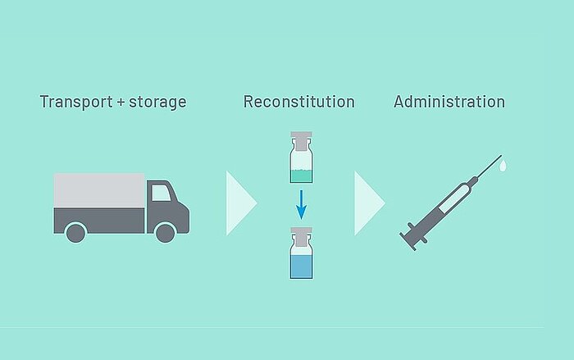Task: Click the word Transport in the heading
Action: tap(76, 103)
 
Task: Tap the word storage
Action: tap(157, 103)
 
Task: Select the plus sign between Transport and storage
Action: tap(121, 103)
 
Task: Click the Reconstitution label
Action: tap(299, 102)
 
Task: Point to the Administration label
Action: tap(449, 102)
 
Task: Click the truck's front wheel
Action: tap(165, 233)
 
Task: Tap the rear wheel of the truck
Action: tap(75, 233)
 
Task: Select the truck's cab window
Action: tap(161, 193)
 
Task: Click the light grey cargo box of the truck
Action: tap(99, 190)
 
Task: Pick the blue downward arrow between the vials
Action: tap(301, 205)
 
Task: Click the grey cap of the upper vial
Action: tap(301, 141)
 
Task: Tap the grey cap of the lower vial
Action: tap(301, 236)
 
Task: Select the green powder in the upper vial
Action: tap(301, 175)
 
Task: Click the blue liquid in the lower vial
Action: tap(301, 267)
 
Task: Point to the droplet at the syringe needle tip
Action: tap(503, 165)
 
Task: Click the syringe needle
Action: tap(489, 166)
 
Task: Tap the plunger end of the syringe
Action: tap(408, 242)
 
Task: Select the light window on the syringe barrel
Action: tap(454, 198)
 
